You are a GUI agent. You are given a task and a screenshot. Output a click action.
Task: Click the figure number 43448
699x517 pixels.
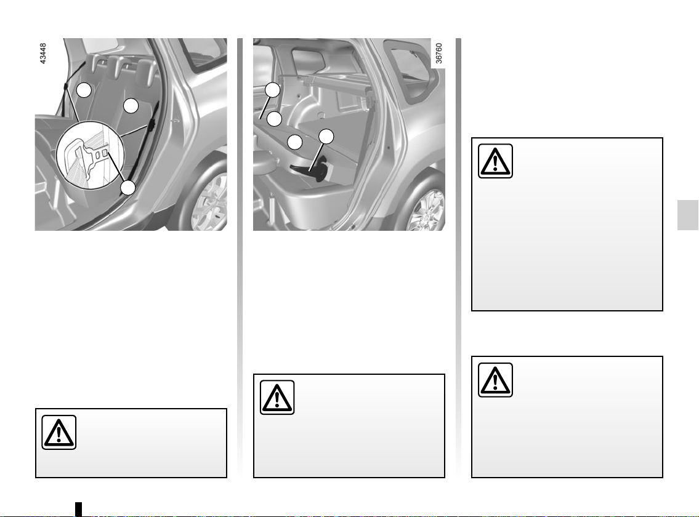coord(43,54)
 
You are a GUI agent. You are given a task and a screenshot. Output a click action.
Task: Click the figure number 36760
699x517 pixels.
coord(438,54)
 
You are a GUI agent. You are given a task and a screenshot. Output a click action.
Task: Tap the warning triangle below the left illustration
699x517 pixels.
coord(59,432)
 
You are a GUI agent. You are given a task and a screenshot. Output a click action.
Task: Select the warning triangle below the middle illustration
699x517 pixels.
coord(277,398)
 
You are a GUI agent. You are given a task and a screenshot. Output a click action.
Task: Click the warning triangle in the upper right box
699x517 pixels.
coord(495,161)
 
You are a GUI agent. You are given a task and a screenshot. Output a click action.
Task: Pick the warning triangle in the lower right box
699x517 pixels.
coord(495,380)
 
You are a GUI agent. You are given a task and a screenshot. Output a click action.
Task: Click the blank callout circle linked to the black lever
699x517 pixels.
coord(326,137)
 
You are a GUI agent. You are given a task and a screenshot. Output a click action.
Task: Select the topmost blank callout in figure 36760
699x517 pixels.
coord(273,90)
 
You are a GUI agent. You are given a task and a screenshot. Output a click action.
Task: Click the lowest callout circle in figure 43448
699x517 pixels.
coord(128,188)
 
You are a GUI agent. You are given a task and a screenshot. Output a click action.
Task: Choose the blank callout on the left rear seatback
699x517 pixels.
coord(84,90)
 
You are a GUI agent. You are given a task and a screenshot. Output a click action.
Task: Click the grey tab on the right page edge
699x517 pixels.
coord(688,215)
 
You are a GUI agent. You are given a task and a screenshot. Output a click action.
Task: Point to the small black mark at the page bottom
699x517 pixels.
coord(78,509)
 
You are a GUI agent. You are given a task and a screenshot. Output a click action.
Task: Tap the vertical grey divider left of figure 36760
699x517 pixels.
coord(240,258)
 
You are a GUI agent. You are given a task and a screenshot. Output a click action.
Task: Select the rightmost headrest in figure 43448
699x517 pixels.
coord(145,71)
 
